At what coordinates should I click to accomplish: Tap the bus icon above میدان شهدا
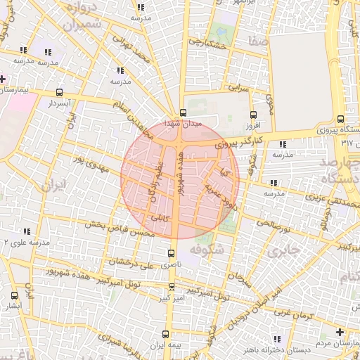[x=183, y=112]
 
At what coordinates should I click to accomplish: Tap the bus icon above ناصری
[x=171, y=252]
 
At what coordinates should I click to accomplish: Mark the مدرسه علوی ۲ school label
[x=25, y=242]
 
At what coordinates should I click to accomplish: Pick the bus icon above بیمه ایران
[x=165, y=334]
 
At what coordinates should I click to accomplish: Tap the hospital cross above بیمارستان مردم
[x=340, y=331]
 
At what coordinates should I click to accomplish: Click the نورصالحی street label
[x=273, y=224]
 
